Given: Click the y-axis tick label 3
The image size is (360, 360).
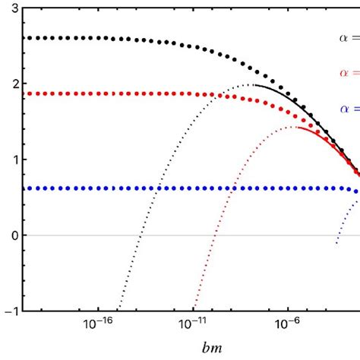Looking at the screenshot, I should pyautogui.click(x=15, y=9).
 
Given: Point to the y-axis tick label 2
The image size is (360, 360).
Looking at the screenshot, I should pyautogui.click(x=15, y=84).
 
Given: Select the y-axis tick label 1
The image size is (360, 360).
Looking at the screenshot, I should pyautogui.click(x=15, y=159).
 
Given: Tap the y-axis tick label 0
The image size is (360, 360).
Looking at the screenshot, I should pyautogui.click(x=15, y=235).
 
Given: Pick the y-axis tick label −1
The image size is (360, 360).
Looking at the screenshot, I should pyautogui.click(x=12, y=311).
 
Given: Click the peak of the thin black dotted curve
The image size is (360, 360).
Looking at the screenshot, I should pyautogui.click(x=249, y=84).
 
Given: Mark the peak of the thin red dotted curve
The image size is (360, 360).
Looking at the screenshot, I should pyautogui.click(x=293, y=127).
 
